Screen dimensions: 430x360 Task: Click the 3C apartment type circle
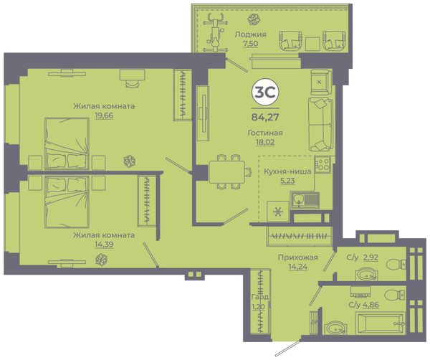pos(265,93)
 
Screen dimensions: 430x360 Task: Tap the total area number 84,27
pos(265,117)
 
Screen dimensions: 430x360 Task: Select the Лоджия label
pos(250,34)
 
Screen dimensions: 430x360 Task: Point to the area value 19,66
pos(104,115)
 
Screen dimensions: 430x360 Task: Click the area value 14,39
pos(104,245)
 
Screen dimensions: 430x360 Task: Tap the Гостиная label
pos(265,133)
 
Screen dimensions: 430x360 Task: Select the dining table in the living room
pos(226,172)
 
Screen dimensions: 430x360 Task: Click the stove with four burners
pos(322,164)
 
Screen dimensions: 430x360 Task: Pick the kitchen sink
pos(305,200)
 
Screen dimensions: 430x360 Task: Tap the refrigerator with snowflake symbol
pos(278,212)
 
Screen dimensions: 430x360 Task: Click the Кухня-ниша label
pos(287,172)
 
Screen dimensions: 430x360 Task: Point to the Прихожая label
pos(298,257)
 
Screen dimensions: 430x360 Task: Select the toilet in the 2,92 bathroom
pos(396,265)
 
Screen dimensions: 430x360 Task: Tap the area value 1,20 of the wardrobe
pos(258,306)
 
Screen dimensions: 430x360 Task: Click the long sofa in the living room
pos(320,124)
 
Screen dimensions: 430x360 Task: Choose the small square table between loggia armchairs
pos(312,44)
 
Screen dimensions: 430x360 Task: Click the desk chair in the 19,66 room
pos(132,83)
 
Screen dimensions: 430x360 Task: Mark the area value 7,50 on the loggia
pos(250,44)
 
